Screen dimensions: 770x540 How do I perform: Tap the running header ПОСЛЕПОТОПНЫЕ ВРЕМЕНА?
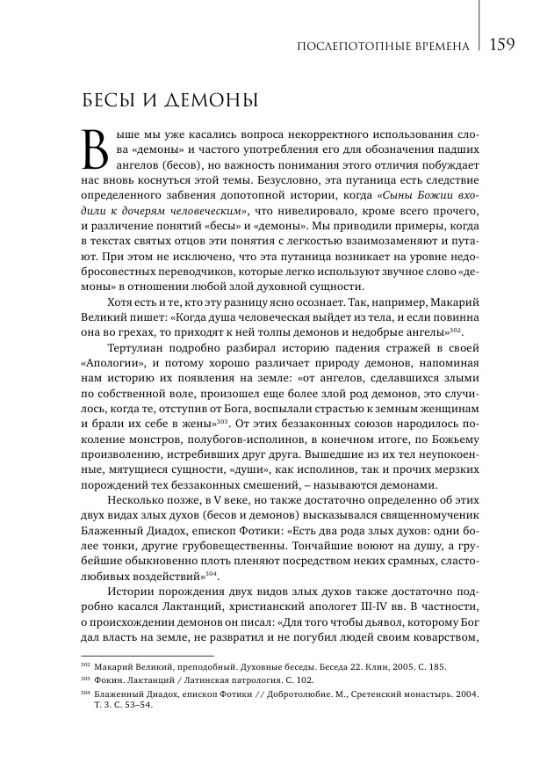click(x=384, y=46)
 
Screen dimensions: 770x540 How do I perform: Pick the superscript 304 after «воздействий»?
click(x=206, y=573)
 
